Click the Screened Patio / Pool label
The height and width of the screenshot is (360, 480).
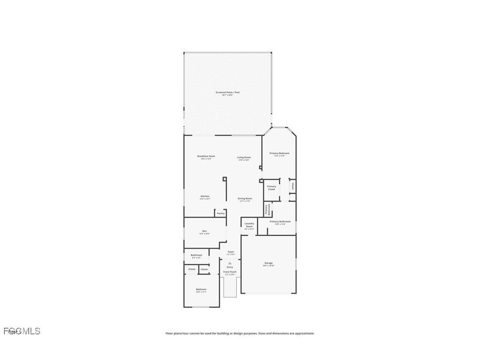(227, 92)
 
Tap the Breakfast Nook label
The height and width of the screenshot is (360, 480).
(206, 156)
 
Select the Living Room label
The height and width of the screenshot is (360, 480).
(244, 157)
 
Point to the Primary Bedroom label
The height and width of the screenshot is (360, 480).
(279, 153)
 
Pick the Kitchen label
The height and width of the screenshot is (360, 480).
(205, 196)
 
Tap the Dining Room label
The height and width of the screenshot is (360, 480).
(245, 199)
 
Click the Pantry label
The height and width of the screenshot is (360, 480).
(221, 213)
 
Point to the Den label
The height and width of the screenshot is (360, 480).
(205, 231)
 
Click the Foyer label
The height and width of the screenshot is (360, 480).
(231, 252)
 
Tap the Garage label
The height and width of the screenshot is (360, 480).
(268, 263)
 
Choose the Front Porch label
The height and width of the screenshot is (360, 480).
(230, 272)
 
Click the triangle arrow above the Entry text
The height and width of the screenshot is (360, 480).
(230, 263)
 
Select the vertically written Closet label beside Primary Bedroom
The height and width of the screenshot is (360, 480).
(293, 186)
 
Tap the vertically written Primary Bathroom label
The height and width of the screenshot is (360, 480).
(266, 210)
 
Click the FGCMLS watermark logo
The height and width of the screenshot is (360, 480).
(22, 331)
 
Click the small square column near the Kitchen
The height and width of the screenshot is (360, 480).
(225, 179)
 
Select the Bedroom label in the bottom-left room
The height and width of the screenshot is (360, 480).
(201, 290)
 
